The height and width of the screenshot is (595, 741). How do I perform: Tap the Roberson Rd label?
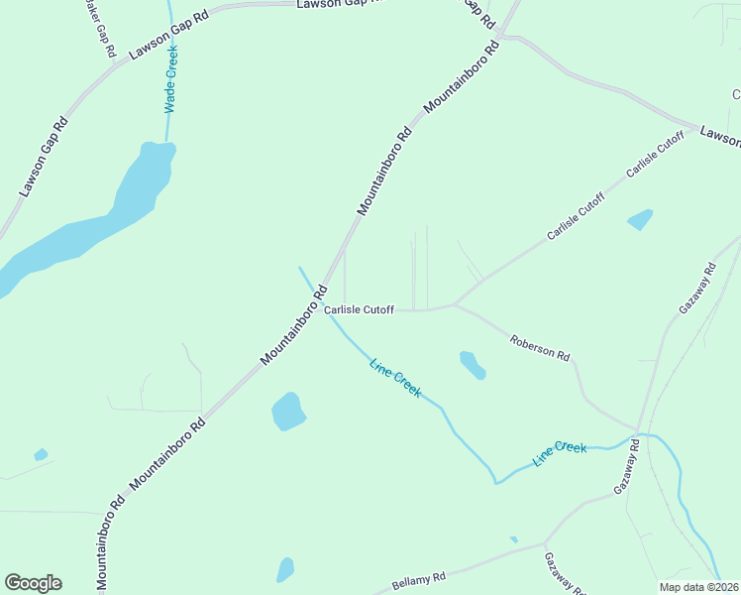540,348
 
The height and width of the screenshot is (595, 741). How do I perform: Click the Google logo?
33,583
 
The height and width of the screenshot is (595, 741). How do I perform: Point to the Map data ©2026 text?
698,586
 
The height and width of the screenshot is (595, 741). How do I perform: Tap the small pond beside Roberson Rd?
472,365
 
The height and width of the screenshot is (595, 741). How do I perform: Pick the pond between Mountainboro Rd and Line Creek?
288,411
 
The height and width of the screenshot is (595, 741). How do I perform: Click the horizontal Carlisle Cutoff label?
359,310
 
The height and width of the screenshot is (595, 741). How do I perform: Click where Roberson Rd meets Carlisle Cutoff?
454,304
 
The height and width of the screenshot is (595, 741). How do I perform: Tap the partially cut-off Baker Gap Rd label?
100,30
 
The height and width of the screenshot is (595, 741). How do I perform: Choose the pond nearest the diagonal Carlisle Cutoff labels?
640,219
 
